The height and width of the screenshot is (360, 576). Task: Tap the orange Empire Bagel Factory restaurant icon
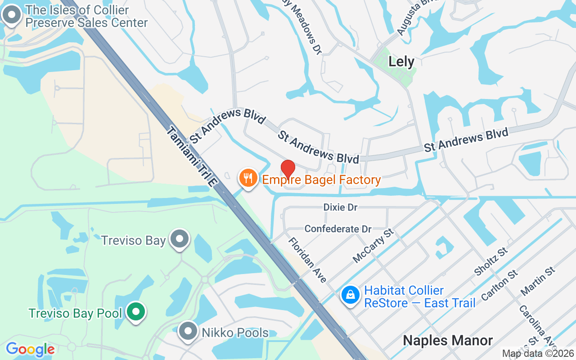(248, 178)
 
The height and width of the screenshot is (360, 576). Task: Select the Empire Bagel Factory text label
(321, 180)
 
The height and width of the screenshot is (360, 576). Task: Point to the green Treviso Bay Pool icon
(135, 312)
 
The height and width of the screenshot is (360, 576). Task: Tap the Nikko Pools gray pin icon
(188, 331)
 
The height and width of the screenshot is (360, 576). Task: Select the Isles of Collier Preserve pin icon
(12, 15)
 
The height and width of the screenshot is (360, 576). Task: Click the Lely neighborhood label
(401, 62)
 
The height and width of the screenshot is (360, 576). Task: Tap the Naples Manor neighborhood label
(448, 340)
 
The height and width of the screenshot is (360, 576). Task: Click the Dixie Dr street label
(341, 207)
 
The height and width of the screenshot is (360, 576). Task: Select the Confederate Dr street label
(338, 229)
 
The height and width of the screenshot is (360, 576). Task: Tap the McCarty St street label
(373, 245)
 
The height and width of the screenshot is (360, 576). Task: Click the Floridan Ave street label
(308, 260)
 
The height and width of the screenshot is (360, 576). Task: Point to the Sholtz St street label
(491, 261)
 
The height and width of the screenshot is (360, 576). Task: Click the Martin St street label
(538, 281)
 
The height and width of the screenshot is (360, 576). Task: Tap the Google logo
(30, 349)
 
